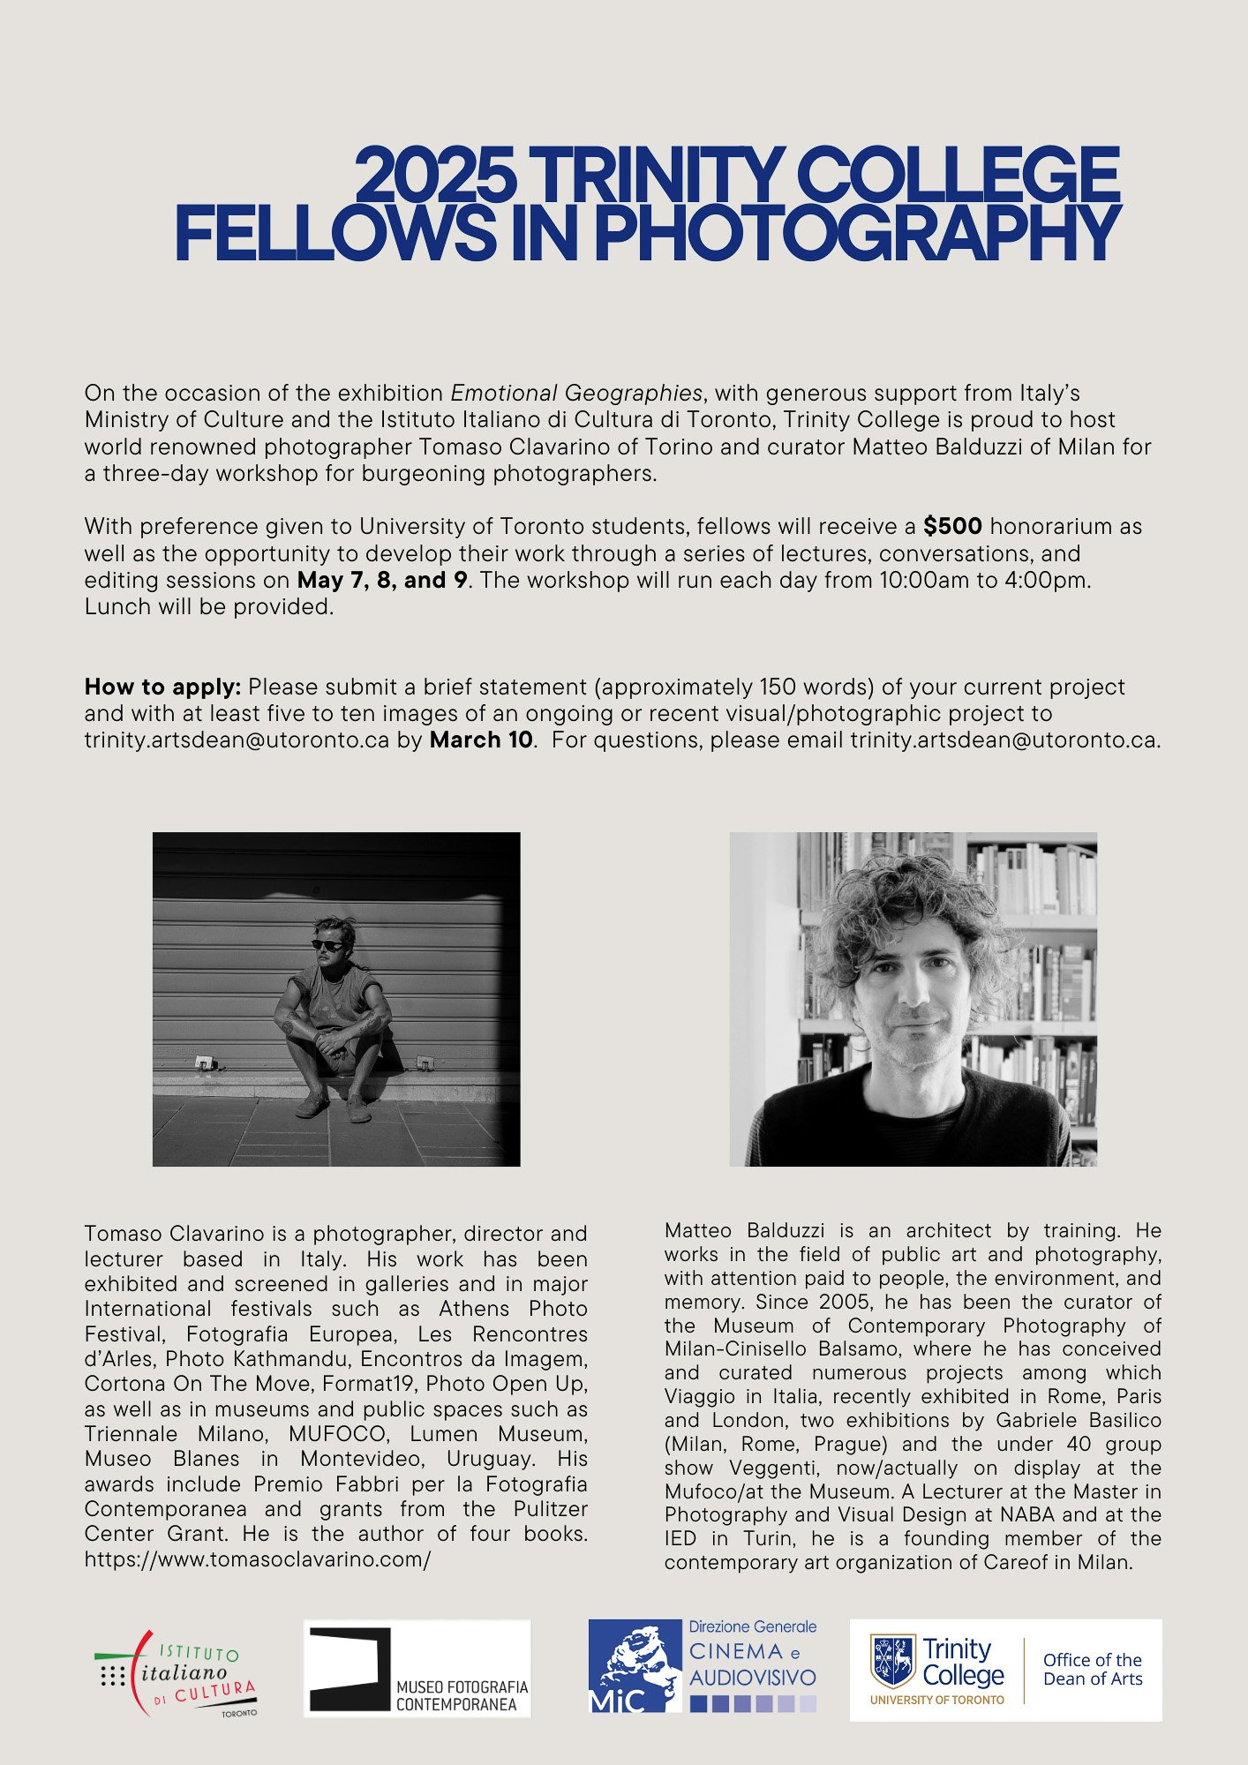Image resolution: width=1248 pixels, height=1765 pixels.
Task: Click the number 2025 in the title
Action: pyautogui.click(x=435, y=175)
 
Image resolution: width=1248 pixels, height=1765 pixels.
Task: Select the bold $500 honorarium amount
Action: pyautogui.click(x=952, y=527)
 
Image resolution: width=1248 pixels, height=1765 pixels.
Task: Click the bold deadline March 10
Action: pyautogui.click(x=481, y=740)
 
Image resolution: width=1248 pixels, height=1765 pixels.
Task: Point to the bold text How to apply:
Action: pyautogui.click(x=162, y=687)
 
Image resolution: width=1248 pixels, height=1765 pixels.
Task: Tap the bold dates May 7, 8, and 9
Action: pyautogui.click(x=382, y=581)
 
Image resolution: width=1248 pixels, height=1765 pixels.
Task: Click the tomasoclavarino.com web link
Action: pyautogui.click(x=258, y=1558)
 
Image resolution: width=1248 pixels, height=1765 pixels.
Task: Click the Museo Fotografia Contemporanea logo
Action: pyautogui.click(x=417, y=1668)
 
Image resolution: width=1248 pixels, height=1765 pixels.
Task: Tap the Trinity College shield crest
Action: pyautogui.click(x=893, y=1660)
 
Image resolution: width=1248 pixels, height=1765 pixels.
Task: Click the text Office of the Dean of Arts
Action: pyautogui.click(x=1093, y=1670)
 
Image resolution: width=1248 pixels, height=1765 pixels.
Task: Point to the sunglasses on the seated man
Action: pyautogui.click(x=328, y=945)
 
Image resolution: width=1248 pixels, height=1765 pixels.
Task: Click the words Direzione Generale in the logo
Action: pyautogui.click(x=752, y=1626)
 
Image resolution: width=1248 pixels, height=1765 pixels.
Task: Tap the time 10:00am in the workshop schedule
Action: pyautogui.click(x=922, y=581)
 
